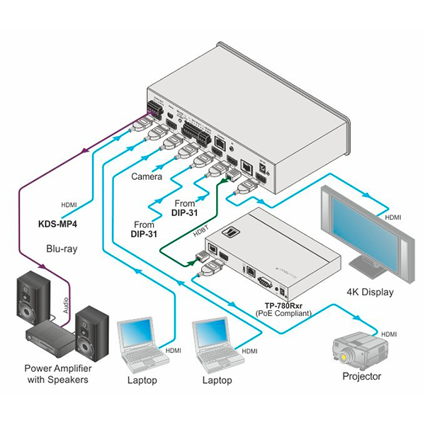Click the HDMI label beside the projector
point(389,333)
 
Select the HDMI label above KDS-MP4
point(69,205)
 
